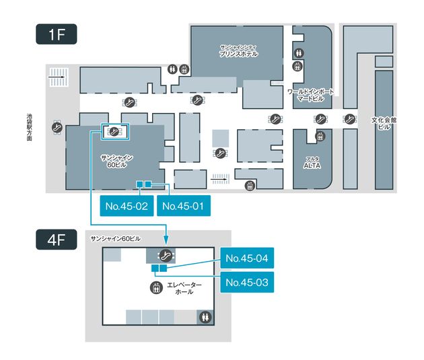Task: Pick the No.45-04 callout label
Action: [x=247, y=258]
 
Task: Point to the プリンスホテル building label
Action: [x=239, y=51]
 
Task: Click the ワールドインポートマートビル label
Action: [x=311, y=94]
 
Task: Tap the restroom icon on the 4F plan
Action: [x=202, y=316]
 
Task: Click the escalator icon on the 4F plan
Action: [x=165, y=255]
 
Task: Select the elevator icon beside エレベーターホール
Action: [x=156, y=287]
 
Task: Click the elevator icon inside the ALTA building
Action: [x=320, y=136]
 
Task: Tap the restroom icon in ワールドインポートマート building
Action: [x=299, y=53]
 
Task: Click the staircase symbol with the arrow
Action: [x=59, y=77]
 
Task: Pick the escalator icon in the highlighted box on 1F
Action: [x=115, y=131]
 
